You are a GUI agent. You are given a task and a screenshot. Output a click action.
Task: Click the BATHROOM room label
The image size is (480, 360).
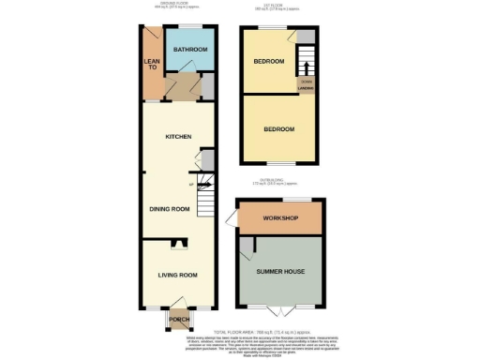(x=191, y=50)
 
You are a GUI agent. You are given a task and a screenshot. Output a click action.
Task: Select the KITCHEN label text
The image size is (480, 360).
(x=178, y=137)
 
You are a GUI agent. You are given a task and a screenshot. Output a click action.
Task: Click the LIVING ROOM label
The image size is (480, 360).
(x=176, y=275)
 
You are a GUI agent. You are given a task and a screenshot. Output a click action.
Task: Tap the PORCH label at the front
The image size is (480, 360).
(x=178, y=320)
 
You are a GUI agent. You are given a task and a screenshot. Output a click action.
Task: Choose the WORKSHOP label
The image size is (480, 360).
(x=279, y=218)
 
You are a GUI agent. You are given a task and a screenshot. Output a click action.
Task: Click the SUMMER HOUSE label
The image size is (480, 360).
(x=279, y=272)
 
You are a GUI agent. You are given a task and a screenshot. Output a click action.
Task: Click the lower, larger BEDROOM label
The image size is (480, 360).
(x=278, y=128)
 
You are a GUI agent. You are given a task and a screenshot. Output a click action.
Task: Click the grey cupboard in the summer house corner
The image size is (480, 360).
(x=245, y=247)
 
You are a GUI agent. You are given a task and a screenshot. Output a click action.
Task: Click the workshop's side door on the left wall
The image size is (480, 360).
(x=232, y=219)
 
